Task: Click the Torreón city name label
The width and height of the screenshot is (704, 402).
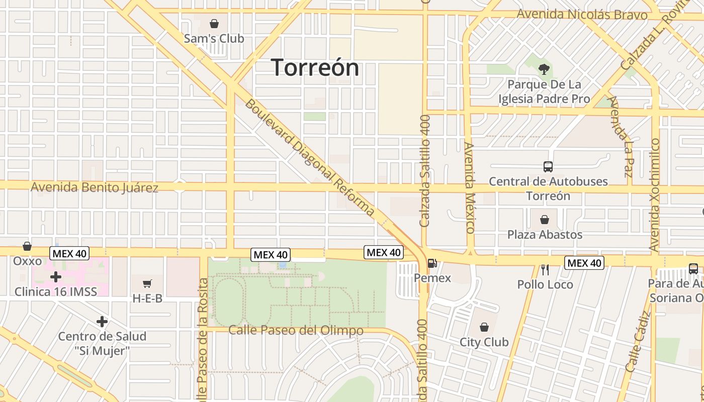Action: click(315, 67)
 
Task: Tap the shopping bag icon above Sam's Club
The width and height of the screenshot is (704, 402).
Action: click(214, 24)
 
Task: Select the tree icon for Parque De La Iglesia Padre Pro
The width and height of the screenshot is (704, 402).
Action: click(544, 69)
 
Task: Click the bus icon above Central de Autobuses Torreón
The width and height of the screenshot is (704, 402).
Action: click(548, 167)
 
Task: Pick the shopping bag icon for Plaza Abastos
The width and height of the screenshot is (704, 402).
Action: click(544, 220)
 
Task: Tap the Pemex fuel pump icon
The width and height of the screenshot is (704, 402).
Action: click(432, 263)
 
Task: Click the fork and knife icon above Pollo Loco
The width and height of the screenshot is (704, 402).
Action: click(545, 270)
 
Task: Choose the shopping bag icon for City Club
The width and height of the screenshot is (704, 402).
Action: click(484, 328)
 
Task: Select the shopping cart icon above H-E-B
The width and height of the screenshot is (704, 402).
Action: click(147, 284)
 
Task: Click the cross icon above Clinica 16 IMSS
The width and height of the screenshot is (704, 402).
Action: click(56, 277)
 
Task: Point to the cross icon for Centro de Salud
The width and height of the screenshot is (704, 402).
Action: click(102, 322)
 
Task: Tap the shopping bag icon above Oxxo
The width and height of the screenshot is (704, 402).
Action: click(27, 247)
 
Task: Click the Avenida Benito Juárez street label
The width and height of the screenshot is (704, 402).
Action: click(95, 188)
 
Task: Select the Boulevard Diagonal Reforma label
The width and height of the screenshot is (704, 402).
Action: click(310, 158)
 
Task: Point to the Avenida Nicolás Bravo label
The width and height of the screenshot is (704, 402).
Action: click(582, 14)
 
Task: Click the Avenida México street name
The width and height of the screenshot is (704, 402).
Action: click(470, 188)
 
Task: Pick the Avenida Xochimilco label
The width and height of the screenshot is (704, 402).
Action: click(654, 195)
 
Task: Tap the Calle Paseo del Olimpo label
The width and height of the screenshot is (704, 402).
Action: click(296, 331)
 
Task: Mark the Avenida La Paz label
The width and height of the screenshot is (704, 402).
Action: click(620, 136)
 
